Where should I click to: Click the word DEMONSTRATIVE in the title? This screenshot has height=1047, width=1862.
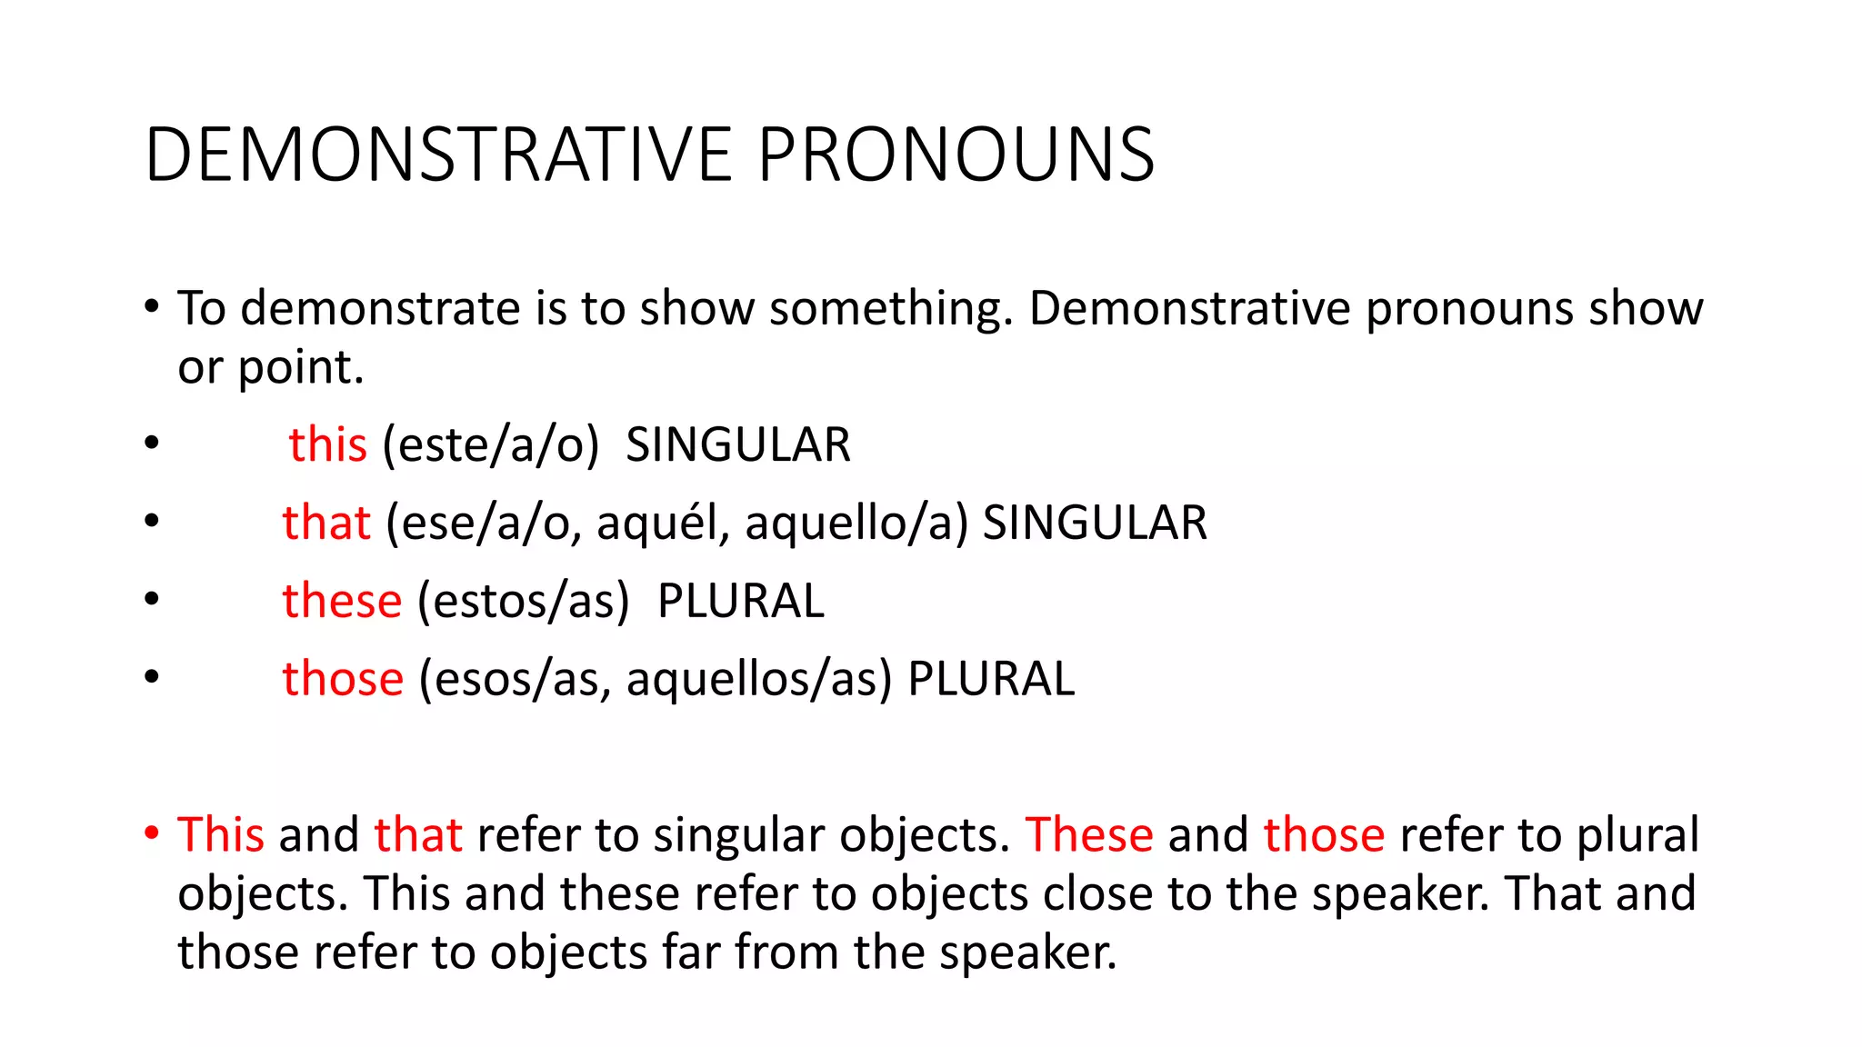[x=438, y=155]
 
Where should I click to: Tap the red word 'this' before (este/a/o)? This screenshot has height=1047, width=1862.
[x=327, y=445]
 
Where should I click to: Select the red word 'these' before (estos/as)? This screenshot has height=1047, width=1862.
[x=342, y=602]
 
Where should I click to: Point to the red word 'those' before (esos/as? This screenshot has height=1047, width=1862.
[x=342, y=680]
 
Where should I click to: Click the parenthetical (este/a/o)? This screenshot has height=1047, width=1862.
[x=491, y=445]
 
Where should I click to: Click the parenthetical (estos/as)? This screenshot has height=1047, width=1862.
[x=523, y=602]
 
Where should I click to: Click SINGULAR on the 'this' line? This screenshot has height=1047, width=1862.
[x=737, y=445]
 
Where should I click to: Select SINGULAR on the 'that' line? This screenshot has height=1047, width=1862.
[x=1095, y=523]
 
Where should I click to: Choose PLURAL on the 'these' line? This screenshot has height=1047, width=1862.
[x=740, y=602]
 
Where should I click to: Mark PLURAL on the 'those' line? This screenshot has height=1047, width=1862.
[x=991, y=680]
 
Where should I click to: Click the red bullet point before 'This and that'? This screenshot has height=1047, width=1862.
[x=152, y=833]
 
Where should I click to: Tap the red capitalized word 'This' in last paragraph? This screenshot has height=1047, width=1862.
[x=220, y=834]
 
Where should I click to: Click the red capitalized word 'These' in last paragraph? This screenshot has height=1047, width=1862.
[x=1088, y=834]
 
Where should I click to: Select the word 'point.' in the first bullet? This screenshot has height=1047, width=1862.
[x=300, y=368]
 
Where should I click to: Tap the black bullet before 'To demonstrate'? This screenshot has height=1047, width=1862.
[x=152, y=305]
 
